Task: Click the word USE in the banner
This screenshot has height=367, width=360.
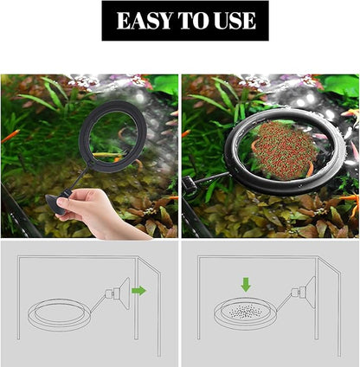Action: click(x=232, y=21)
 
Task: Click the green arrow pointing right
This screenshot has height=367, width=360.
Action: click(x=138, y=291)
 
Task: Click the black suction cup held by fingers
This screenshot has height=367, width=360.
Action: click(x=57, y=205)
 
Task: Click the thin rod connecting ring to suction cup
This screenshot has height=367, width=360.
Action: click(x=74, y=180)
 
